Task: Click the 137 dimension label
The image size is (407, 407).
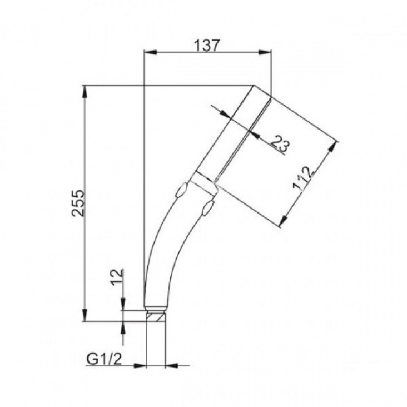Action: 207,46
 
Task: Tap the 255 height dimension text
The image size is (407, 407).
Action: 78,203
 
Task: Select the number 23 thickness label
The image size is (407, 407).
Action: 280,144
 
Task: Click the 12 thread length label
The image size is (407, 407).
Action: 117,277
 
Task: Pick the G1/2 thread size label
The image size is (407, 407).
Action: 104,360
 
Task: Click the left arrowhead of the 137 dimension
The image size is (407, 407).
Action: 151,52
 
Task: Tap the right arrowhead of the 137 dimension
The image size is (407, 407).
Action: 265,52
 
